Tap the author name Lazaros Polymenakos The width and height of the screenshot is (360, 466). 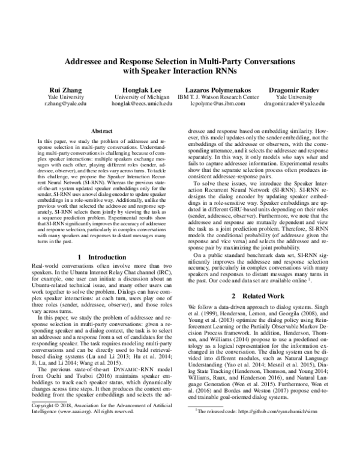click(223, 89)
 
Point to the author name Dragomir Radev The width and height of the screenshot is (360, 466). click(298, 89)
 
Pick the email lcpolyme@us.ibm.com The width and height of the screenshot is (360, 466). click(223, 103)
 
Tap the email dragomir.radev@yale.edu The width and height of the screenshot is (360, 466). click(298, 103)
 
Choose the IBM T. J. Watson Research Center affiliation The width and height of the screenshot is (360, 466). click(223, 96)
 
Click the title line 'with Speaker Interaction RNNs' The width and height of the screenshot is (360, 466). click(180, 72)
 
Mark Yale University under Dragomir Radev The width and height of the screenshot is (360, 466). click(298, 96)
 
